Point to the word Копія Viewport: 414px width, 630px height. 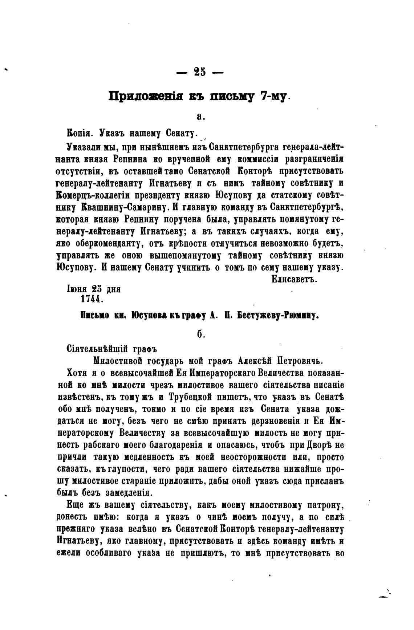[80, 133]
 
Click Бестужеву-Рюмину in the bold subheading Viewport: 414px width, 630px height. [278, 316]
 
